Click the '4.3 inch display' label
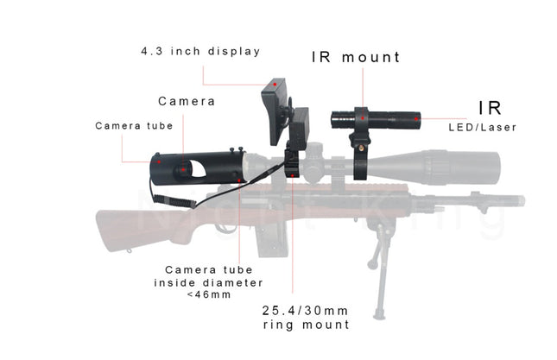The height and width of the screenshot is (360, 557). [200, 51]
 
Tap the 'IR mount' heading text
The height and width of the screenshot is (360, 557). [356, 57]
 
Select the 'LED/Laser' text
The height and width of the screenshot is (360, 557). [482, 128]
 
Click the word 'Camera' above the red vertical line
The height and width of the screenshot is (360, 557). [187, 101]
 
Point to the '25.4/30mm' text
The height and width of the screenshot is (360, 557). [305, 311]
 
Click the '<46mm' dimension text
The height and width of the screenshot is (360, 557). [209, 294]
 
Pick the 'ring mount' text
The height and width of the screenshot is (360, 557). [307, 325]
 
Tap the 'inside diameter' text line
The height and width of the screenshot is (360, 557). [208, 283]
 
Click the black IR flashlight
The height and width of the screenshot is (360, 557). [376, 120]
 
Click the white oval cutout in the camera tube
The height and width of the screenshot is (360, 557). [198, 168]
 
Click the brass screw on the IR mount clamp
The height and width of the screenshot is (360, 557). [361, 148]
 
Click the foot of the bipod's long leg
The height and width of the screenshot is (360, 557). [379, 314]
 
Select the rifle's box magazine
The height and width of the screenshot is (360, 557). [273, 241]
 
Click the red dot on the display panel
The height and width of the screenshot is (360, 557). [275, 84]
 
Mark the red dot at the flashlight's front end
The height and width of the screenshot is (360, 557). [416, 119]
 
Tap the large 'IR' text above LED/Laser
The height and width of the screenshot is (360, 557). [490, 108]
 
